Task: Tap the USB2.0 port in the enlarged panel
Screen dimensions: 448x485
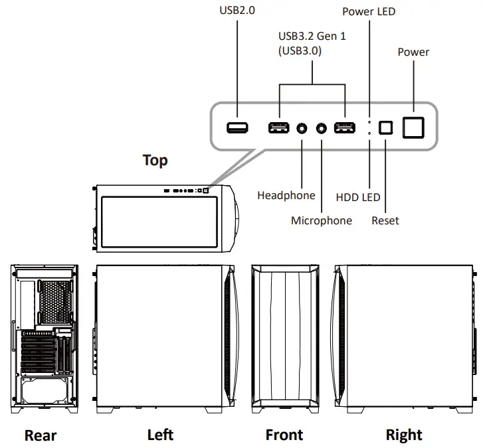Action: [237, 127]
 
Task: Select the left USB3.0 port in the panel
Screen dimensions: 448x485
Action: [278, 127]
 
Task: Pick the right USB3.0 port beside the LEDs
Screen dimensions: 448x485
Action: [344, 127]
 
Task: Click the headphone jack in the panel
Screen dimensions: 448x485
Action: [303, 127]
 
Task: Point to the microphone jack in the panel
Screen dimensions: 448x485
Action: [322, 127]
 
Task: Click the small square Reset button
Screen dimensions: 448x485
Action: [385, 127]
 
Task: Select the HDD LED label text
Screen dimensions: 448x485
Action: [357, 196]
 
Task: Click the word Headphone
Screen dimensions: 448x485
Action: [286, 195]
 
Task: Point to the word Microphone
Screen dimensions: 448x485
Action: [322, 220]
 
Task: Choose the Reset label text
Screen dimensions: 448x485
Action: [385, 220]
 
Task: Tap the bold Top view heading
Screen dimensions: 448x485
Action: [155, 161]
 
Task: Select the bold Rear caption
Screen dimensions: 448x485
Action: [41, 435]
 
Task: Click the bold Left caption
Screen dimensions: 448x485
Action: [160, 435]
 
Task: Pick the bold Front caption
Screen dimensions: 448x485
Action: [284, 435]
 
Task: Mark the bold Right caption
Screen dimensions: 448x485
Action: [404, 435]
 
